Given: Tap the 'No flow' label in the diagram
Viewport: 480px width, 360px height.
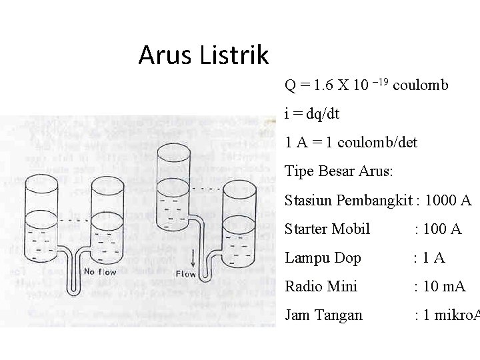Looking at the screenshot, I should tap(100, 271).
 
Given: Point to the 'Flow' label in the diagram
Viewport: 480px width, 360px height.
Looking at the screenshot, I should tap(185, 274).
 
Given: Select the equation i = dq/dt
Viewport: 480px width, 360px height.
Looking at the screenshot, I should tap(312, 114).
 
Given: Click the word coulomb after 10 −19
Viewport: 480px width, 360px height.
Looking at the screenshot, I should tap(421, 85).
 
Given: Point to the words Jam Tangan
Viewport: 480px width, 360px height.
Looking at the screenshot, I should tap(323, 315).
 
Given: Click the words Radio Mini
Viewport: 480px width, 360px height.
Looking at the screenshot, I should tap(321, 287).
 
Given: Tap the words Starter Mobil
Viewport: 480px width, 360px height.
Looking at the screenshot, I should tap(327, 229).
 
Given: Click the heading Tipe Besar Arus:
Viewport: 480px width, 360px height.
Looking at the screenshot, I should tap(339, 171).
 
